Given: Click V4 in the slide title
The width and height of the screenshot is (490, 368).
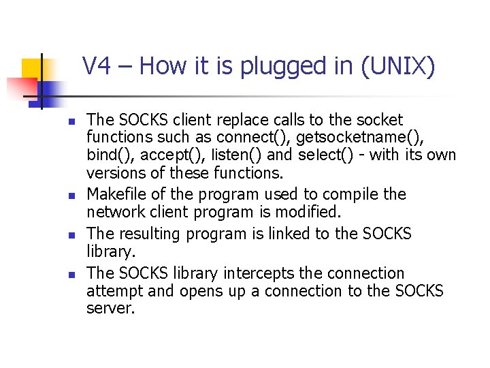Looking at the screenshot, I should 96,66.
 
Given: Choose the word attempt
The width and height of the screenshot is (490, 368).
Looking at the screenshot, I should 112,292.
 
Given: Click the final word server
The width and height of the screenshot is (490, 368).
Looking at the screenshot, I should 111,309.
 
